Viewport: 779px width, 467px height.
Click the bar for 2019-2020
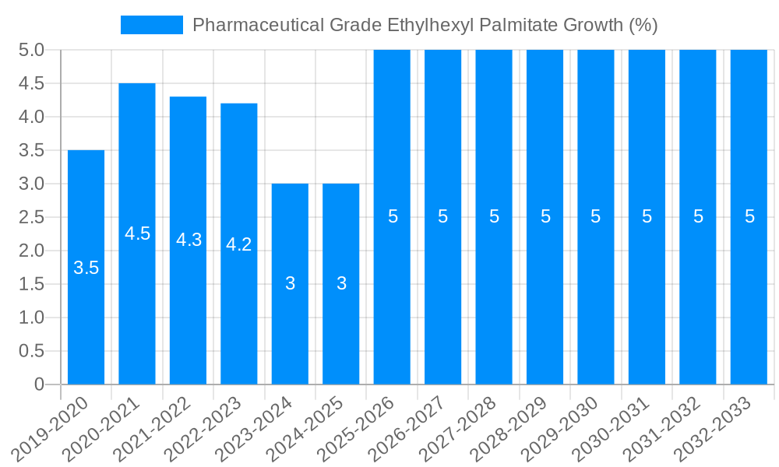pyautogui.click(x=86, y=311)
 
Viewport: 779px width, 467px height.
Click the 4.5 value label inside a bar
pyautogui.click(x=137, y=233)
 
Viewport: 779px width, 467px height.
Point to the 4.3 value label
pyautogui.click(x=189, y=240)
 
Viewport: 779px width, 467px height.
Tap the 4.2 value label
pyautogui.click(x=239, y=244)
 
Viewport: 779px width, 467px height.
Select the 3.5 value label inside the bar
pyautogui.click(x=86, y=268)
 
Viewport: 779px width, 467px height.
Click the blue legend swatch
pyautogui.click(x=151, y=25)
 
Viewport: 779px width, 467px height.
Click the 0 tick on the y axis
pyautogui.click(x=39, y=384)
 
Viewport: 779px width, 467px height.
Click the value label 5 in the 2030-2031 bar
pyautogui.click(x=647, y=217)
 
